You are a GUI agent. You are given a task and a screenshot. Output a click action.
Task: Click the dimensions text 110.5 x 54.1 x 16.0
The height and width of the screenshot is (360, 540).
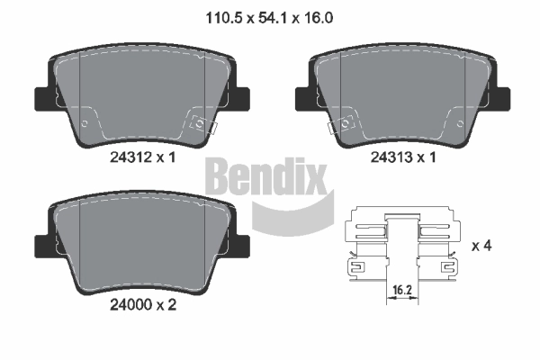click(x=269, y=18)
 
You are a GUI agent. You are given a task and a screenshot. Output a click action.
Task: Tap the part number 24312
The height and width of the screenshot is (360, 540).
click(x=130, y=157)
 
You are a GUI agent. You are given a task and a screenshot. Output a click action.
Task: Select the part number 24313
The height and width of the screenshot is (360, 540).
click(x=391, y=157)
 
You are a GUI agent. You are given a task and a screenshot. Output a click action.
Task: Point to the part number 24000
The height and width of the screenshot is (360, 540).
click(x=130, y=304)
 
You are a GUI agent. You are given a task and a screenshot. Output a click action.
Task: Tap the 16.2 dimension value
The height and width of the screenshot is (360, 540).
click(x=402, y=290)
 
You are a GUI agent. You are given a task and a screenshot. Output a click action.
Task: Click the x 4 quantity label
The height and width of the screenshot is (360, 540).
click(x=481, y=246)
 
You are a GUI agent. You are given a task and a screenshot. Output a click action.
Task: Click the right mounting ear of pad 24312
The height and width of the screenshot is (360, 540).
click(x=240, y=99)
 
